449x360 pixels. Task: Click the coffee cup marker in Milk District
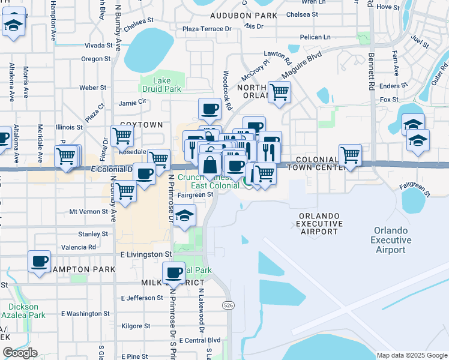pyautogui.click(x=174, y=272)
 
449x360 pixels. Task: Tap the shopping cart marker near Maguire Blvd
pyautogui.click(x=279, y=92)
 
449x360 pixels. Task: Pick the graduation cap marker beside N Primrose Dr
pyautogui.click(x=186, y=214)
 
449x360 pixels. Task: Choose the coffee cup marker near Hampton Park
pyautogui.click(x=40, y=261)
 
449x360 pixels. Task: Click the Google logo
pyautogui.click(x=20, y=353)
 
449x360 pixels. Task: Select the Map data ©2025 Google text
pyautogui.click(x=411, y=355)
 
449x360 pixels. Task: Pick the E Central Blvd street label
pyautogui.click(x=200, y=341)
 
